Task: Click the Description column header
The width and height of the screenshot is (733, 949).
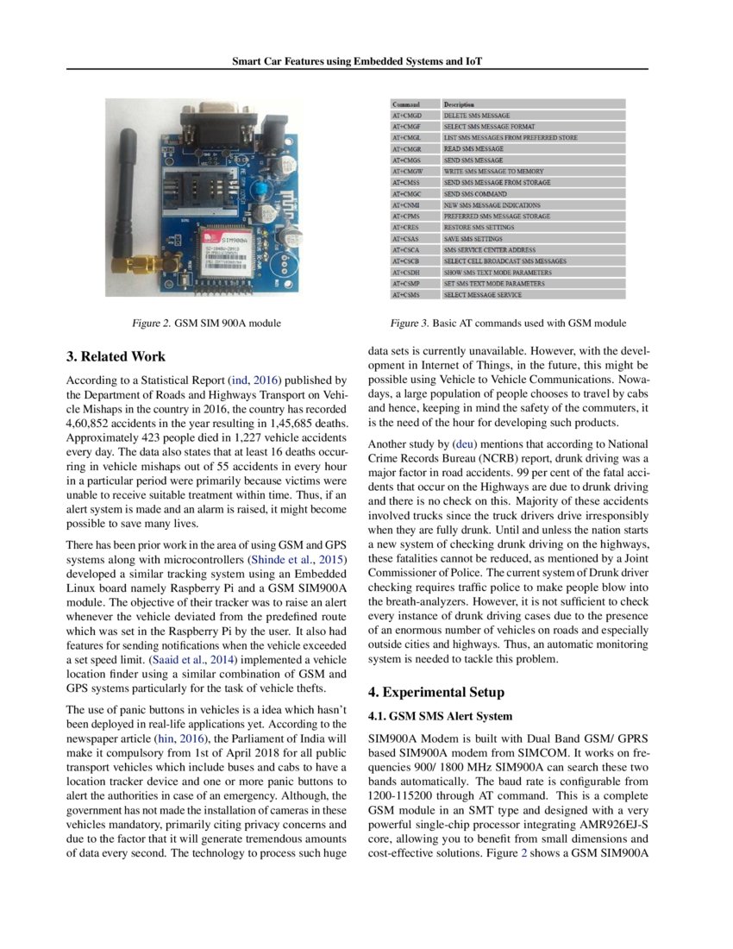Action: (459, 104)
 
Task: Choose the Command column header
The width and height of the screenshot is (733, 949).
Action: (406, 104)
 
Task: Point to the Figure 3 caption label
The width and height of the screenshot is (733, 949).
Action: (508, 323)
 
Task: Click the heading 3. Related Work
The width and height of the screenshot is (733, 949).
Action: (116, 356)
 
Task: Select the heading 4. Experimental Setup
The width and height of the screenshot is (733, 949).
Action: (435, 692)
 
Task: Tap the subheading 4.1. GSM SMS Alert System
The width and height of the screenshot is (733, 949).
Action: (440, 716)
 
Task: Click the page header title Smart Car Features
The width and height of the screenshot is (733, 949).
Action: (357, 62)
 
